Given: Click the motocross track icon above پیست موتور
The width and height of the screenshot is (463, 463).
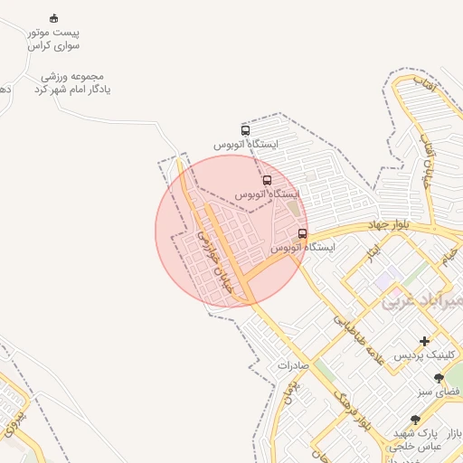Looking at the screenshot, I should pyautogui.click(x=53, y=18).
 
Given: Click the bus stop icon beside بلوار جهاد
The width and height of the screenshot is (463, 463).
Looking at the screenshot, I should pyautogui.click(x=302, y=233).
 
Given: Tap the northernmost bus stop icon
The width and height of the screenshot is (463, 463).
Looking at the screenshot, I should pyautogui.click(x=245, y=130).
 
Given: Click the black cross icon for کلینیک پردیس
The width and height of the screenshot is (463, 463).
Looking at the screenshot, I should pyautogui.click(x=425, y=341).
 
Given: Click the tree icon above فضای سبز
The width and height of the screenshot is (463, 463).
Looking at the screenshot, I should pyautogui.click(x=439, y=379).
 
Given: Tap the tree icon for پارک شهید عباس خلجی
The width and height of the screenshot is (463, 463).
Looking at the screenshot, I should pyautogui.click(x=415, y=420).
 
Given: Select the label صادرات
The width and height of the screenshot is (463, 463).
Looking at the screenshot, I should pyautogui.click(x=294, y=366).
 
